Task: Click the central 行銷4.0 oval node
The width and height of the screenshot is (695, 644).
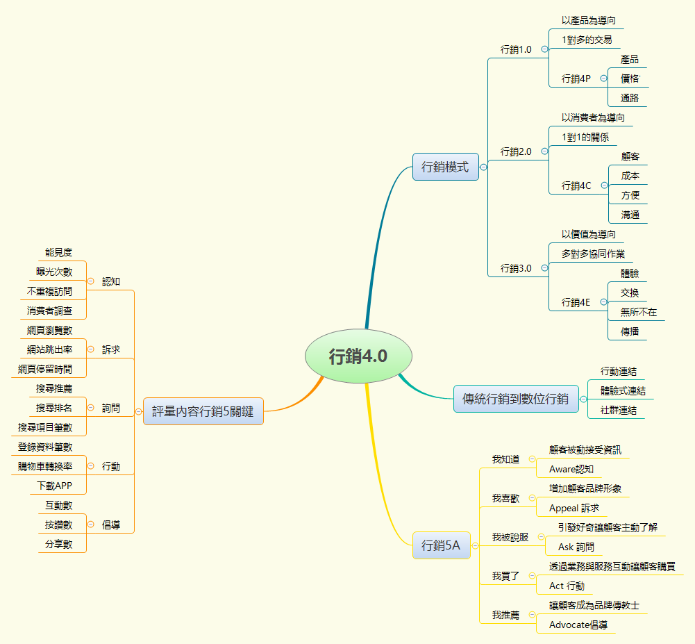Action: [x=358, y=356]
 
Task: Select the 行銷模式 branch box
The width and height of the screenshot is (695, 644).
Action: [x=445, y=167]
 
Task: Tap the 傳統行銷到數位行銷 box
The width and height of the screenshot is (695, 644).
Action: [x=515, y=399]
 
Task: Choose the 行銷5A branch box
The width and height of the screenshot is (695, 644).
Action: [x=441, y=545]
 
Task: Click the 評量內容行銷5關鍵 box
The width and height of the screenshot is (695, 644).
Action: [x=203, y=411]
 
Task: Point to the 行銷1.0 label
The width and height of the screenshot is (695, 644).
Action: [x=516, y=49]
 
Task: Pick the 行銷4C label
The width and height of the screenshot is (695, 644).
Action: [x=576, y=185]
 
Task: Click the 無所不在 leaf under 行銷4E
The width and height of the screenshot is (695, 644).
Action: [x=638, y=312]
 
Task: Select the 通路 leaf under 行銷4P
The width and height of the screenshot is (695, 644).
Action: [x=630, y=98]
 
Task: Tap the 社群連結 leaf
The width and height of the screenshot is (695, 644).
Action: [x=618, y=410]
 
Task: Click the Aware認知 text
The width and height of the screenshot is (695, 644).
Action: [x=571, y=469]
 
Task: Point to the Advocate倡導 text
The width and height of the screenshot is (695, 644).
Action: [x=578, y=625]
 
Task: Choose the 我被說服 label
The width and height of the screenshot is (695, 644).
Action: [x=510, y=537]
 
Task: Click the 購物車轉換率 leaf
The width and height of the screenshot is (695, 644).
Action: [x=45, y=466]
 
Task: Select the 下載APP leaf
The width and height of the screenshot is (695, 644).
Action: [x=55, y=485]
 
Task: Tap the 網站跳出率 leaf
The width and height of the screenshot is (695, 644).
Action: [x=50, y=349]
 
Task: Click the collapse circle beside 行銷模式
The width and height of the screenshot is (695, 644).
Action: [x=483, y=167]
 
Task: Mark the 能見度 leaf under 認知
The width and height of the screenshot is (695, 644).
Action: [x=58, y=252]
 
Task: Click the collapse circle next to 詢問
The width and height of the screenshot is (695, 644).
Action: [x=90, y=408]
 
